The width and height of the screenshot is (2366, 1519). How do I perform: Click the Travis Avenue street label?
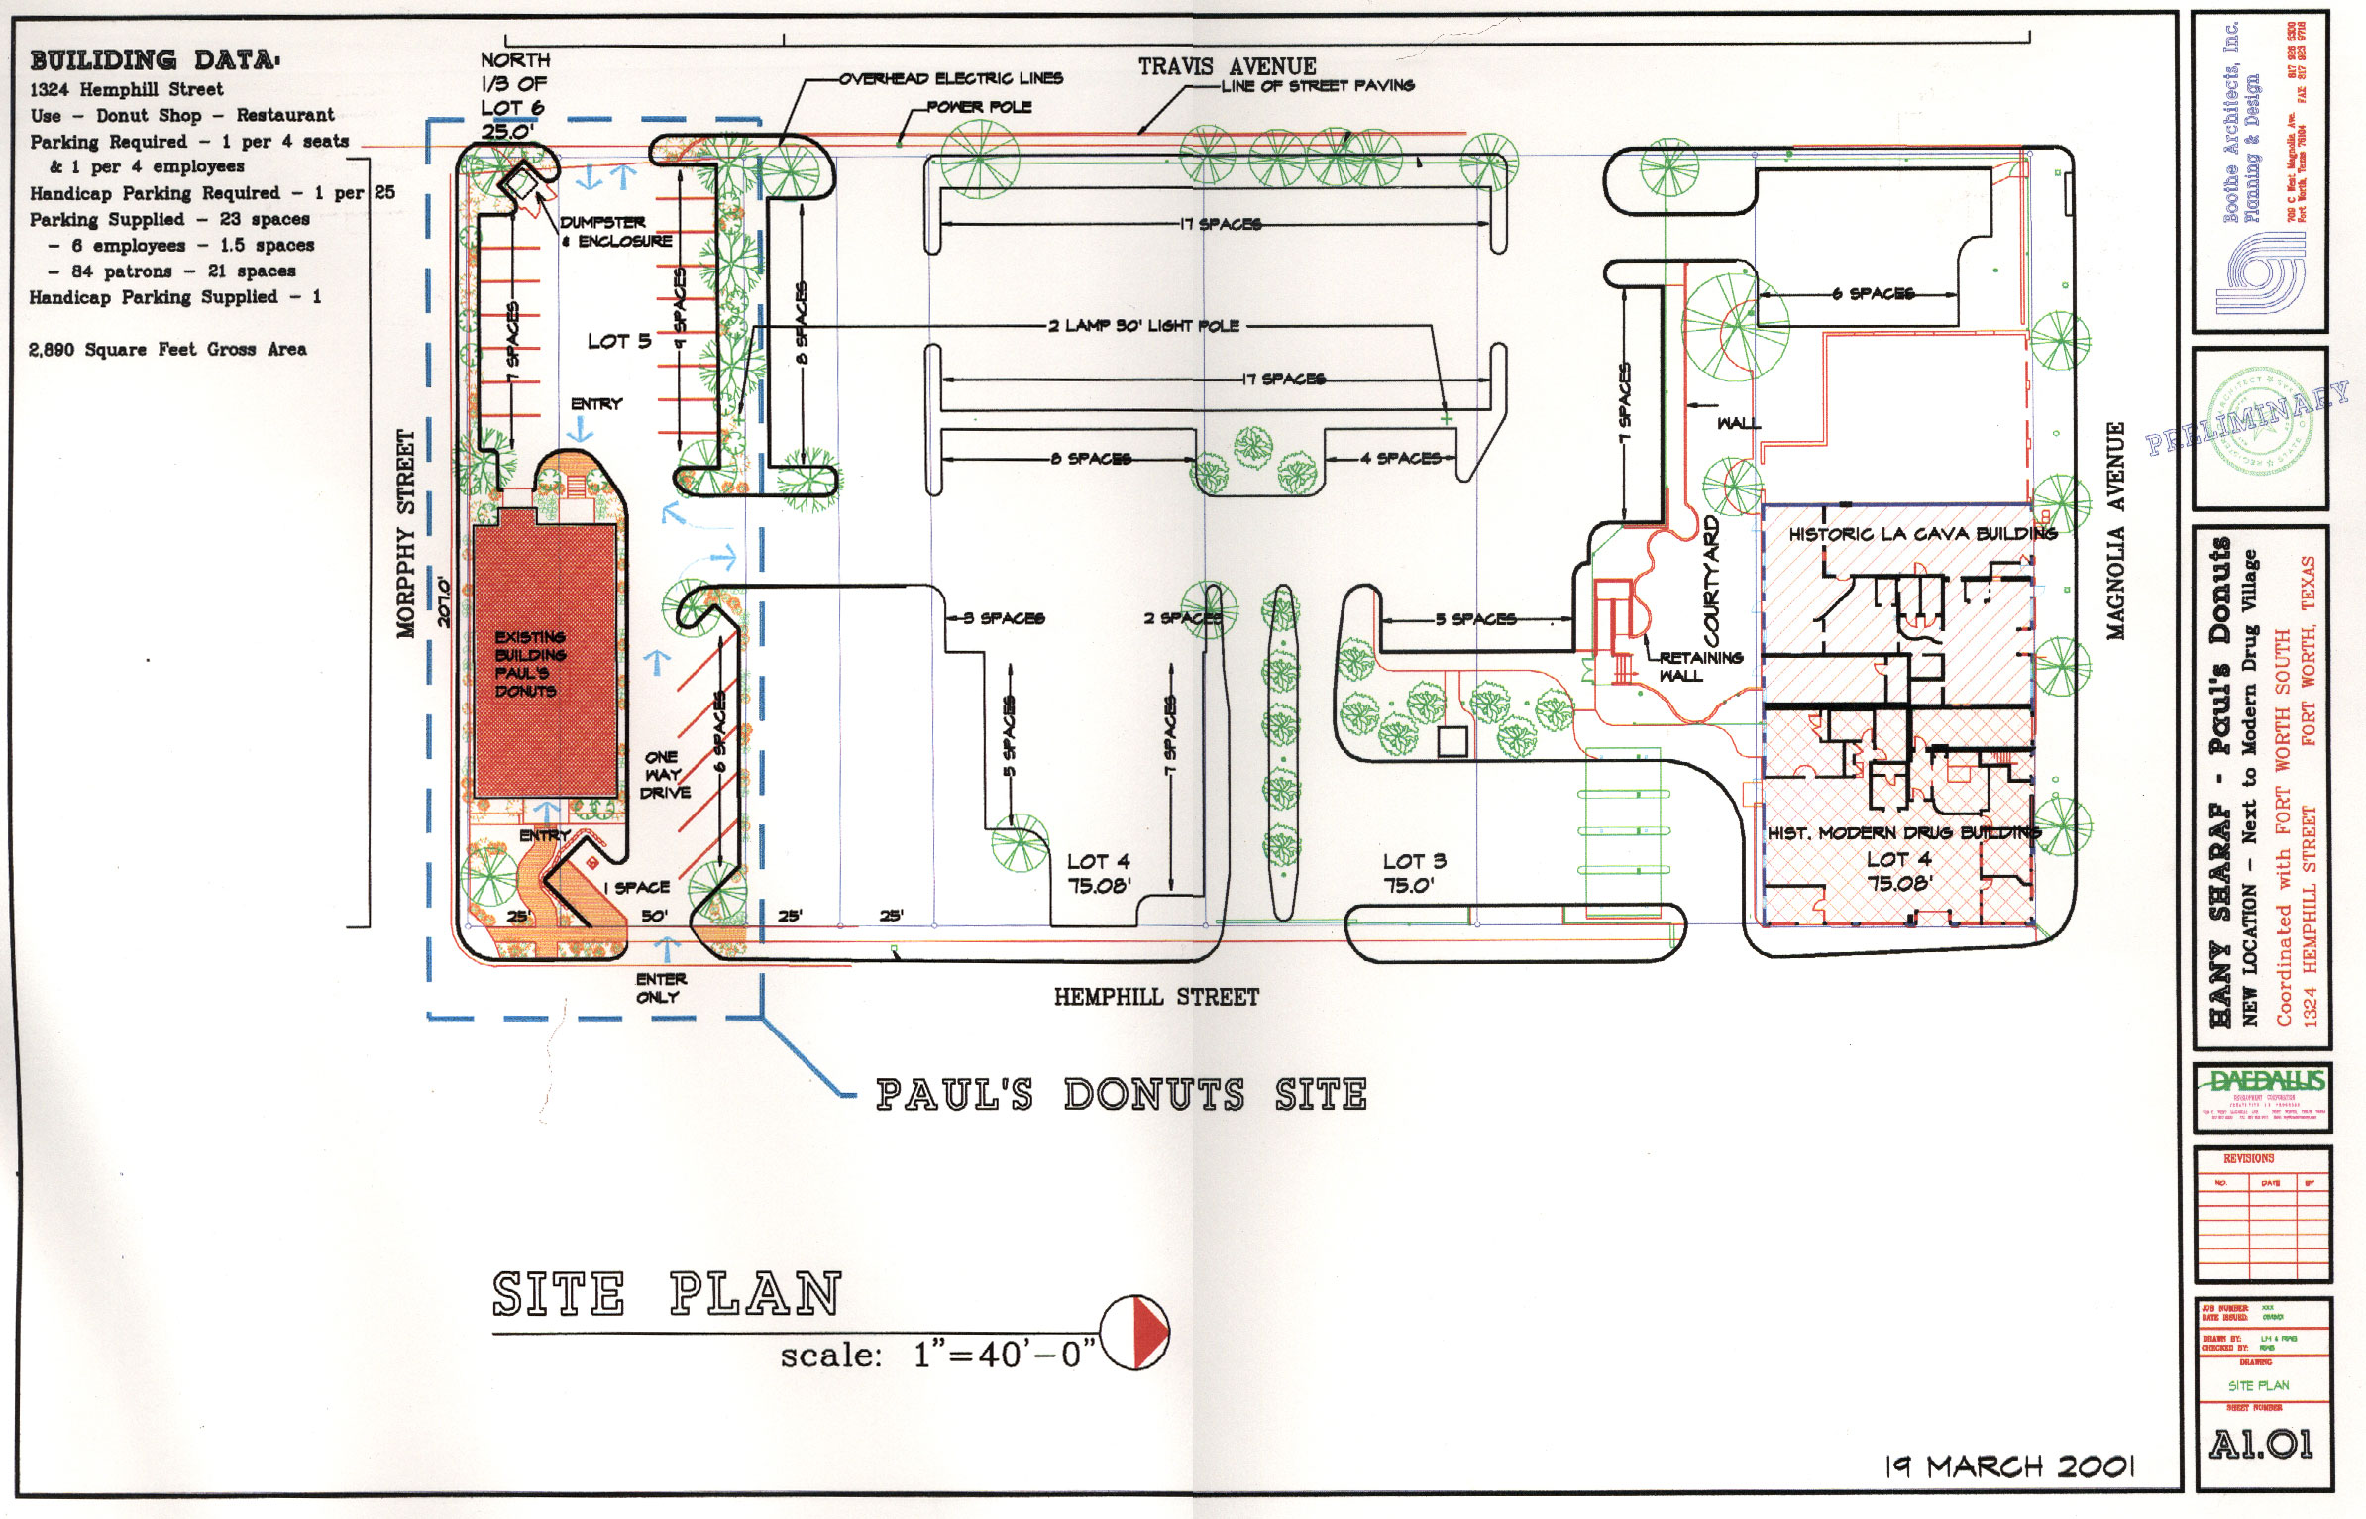[1227, 66]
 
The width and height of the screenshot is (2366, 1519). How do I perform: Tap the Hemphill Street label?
[1156, 997]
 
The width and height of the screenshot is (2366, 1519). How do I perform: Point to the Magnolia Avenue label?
[2115, 530]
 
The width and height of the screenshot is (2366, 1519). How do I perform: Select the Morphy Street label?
[406, 534]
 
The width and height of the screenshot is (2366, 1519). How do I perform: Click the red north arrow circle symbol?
[1135, 1332]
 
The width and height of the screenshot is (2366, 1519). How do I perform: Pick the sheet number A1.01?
[2261, 1444]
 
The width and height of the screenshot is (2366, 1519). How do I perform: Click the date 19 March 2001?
[2009, 1466]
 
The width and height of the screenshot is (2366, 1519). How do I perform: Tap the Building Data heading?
[155, 60]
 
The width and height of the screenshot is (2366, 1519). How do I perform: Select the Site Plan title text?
[666, 1294]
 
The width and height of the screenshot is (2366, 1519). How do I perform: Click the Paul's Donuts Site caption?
[1121, 1095]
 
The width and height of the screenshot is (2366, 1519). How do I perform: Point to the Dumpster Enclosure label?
[616, 232]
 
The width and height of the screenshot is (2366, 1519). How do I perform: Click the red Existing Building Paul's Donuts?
[544, 661]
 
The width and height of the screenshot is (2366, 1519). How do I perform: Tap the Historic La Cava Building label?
[1922, 534]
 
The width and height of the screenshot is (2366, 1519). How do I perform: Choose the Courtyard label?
[1711, 581]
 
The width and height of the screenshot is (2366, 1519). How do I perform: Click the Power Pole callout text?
[979, 107]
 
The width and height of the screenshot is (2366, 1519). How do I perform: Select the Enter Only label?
[661, 988]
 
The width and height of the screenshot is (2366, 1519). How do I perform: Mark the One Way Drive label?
[664, 774]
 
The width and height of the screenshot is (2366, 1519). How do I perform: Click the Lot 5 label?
[618, 341]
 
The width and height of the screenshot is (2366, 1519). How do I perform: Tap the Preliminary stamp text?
[2247, 419]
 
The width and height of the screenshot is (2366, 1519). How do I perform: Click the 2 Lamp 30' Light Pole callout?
[1144, 325]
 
